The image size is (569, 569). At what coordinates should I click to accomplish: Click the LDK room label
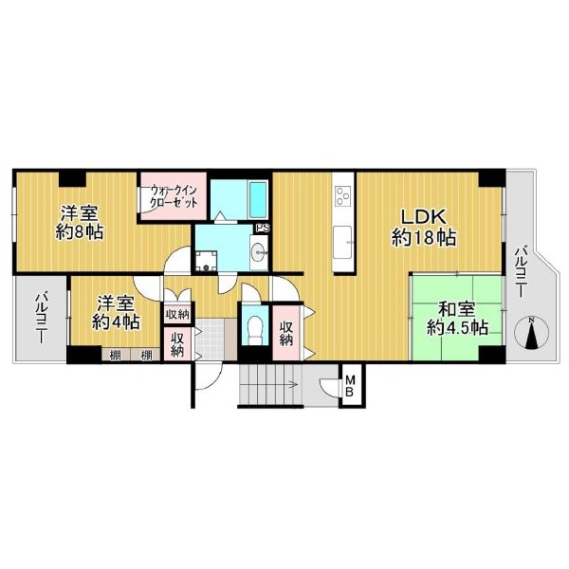click(x=423, y=217)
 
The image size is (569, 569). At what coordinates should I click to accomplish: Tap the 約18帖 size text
click(x=424, y=238)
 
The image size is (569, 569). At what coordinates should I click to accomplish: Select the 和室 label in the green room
click(x=456, y=311)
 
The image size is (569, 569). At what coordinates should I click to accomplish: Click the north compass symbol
click(x=532, y=333)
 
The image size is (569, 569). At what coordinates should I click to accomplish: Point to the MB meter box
click(x=349, y=386)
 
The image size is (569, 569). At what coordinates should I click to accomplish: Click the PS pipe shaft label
click(x=263, y=229)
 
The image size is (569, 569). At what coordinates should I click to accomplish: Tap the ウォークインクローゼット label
click(x=174, y=196)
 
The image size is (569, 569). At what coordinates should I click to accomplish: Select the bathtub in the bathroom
click(x=258, y=200)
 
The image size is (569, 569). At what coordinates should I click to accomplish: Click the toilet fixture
click(x=254, y=329)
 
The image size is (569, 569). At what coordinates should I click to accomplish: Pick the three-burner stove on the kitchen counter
click(x=343, y=196)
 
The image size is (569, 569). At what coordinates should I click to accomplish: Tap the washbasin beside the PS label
click(x=259, y=251)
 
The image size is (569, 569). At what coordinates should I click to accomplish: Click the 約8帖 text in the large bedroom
click(x=80, y=232)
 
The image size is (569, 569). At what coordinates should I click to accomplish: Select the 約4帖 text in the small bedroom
click(x=116, y=321)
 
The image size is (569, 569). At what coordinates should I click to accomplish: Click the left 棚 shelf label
click(x=115, y=356)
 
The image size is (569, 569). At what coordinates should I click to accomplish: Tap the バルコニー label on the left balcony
click(x=40, y=319)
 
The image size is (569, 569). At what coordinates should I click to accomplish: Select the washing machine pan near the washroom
click(x=206, y=262)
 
